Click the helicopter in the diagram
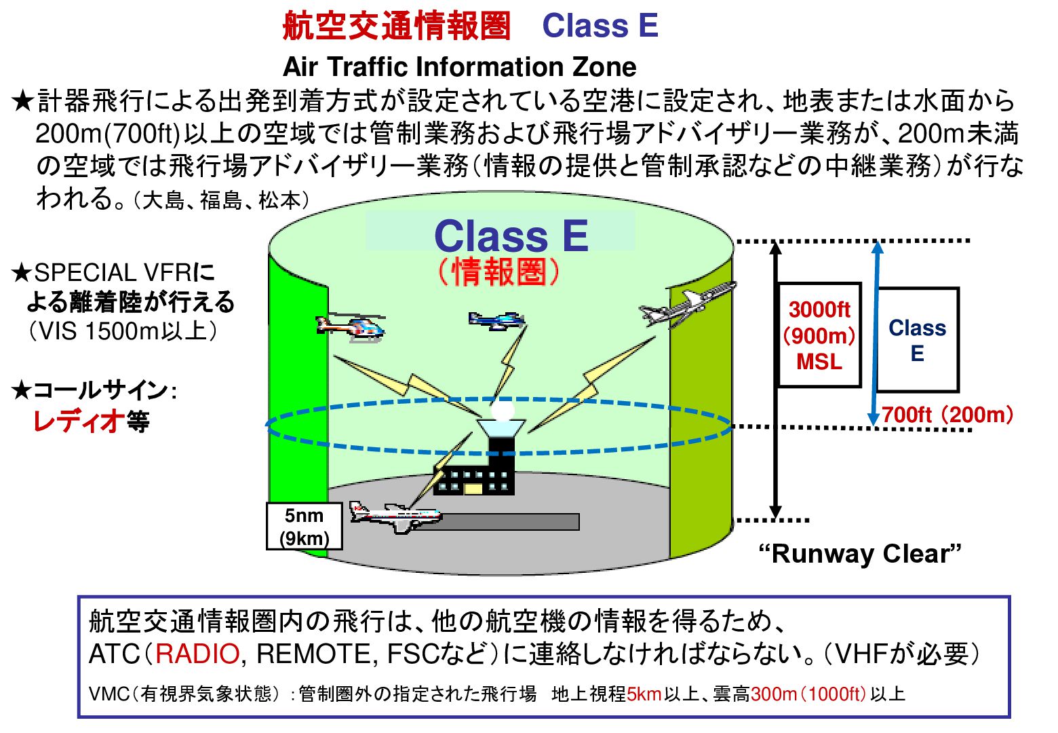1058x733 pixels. tap(351, 327)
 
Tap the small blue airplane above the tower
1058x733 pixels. tap(496, 320)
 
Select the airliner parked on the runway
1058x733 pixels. tap(396, 516)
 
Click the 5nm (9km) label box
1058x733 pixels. tap(304, 526)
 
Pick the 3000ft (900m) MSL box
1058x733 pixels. tap(819, 335)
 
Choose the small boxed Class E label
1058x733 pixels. tap(918, 340)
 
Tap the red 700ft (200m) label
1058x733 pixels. tap(947, 415)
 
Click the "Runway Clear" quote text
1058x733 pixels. tap(860, 553)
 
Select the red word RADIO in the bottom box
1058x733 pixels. tap(197, 654)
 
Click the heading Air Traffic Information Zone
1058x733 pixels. tap(460, 67)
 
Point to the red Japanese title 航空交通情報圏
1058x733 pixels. tap(397, 26)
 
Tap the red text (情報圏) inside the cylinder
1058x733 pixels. tap(498, 271)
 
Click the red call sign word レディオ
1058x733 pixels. tap(79, 421)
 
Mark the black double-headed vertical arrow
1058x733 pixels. tap(775, 380)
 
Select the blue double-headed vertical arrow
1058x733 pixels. tap(877, 333)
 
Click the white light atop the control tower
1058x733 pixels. tap(502, 410)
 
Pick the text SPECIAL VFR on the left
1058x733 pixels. tap(113, 273)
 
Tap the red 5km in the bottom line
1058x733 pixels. tap(644, 694)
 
